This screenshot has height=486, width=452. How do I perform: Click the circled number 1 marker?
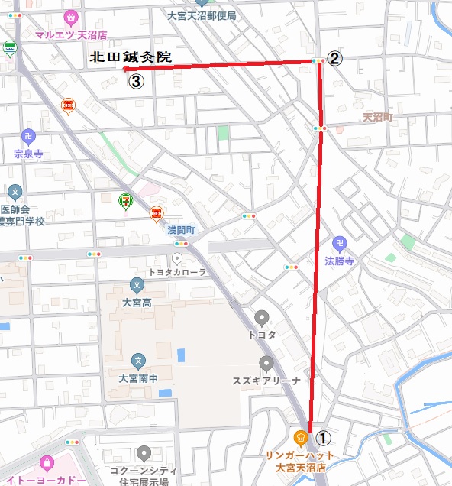click(324, 438)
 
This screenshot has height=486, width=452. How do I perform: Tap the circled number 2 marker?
click(334, 59)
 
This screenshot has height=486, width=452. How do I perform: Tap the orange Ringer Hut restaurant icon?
click(301, 438)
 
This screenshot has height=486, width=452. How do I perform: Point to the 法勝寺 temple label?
click(340, 261)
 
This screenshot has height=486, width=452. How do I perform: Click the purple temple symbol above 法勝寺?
click(341, 245)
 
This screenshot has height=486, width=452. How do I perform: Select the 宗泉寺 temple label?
click(28, 154)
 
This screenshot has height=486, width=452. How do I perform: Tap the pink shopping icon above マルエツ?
click(71, 17)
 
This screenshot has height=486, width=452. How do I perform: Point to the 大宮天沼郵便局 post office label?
click(202, 15)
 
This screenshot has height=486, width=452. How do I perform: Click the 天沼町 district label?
click(376, 118)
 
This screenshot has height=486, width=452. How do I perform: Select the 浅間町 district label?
click(182, 229)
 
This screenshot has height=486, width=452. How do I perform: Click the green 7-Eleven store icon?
click(124, 200)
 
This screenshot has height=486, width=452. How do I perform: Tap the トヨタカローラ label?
click(178, 271)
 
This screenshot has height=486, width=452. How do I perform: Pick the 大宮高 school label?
click(137, 303)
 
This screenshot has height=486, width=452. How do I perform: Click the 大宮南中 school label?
click(137, 377)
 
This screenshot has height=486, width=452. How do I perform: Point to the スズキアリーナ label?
click(266, 380)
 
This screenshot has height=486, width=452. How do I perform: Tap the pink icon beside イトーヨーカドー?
click(47, 463)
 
